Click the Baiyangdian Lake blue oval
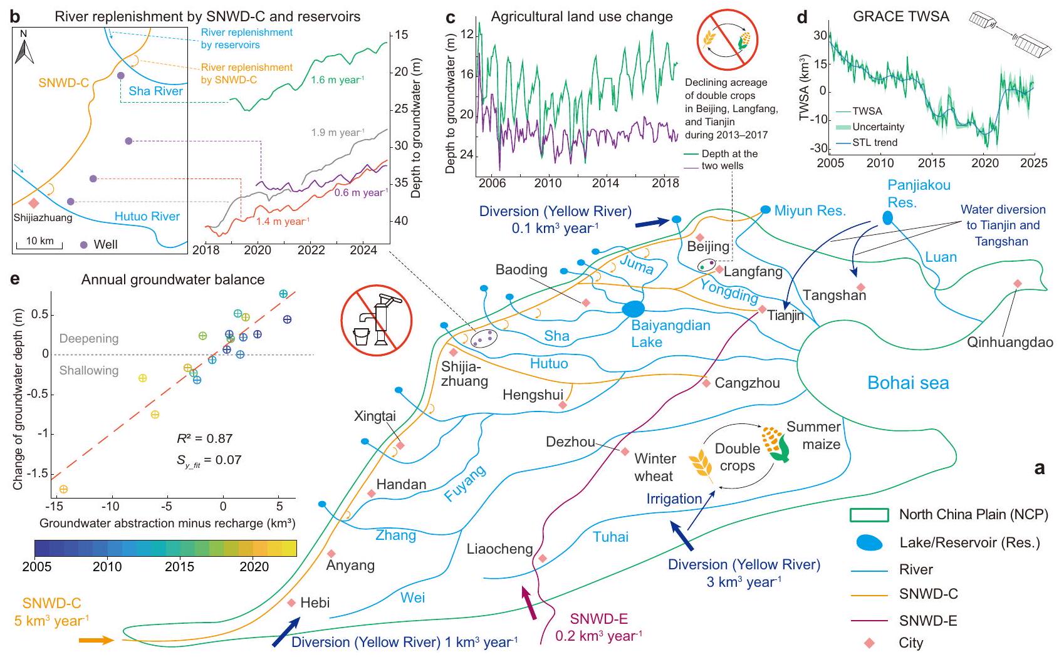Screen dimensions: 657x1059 tap(634, 309)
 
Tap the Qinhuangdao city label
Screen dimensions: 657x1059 tap(1009, 343)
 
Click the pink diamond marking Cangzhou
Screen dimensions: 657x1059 tap(706, 383)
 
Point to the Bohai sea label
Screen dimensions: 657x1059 tap(908, 383)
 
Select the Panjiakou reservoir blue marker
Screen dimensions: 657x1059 tap(887, 218)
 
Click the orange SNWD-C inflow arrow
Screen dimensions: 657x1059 tap(95, 640)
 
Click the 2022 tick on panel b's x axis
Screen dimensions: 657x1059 tap(311, 251)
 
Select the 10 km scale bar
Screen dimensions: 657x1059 tap(39, 244)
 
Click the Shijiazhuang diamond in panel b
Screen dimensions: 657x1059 tap(34, 203)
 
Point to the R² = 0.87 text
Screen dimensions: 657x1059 tap(204, 439)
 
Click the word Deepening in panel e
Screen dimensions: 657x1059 tap(89, 339)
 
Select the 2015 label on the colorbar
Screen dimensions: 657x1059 tap(180, 567)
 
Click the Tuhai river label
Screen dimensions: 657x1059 tap(610, 537)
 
